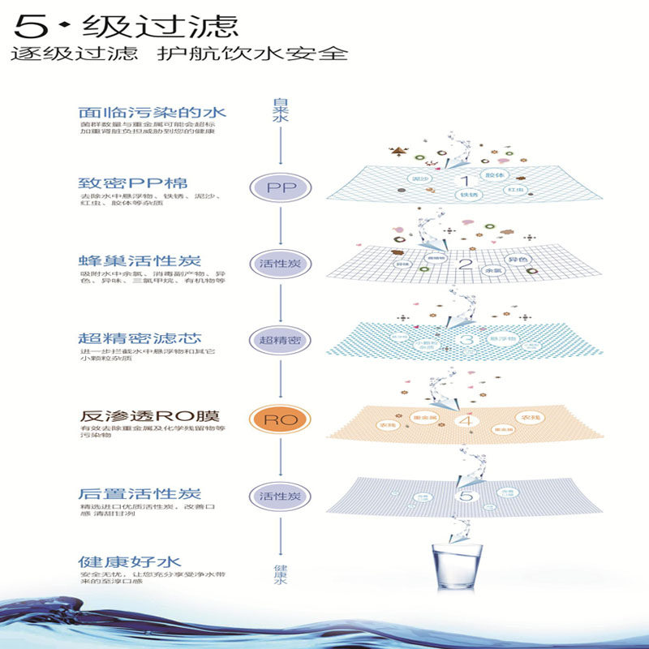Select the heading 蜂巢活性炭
click(x=140, y=261)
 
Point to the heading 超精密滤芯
click(x=140, y=337)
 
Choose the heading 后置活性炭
click(x=140, y=493)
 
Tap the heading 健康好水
click(x=129, y=561)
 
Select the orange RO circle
click(x=280, y=419)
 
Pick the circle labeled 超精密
click(x=280, y=340)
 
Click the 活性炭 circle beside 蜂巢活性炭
click(x=280, y=264)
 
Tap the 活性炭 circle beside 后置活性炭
click(x=280, y=496)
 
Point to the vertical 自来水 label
click(x=280, y=110)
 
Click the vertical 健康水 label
click(x=280, y=575)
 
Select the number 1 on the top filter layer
click(x=466, y=181)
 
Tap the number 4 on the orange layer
click(x=464, y=420)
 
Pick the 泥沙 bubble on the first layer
click(x=420, y=178)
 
